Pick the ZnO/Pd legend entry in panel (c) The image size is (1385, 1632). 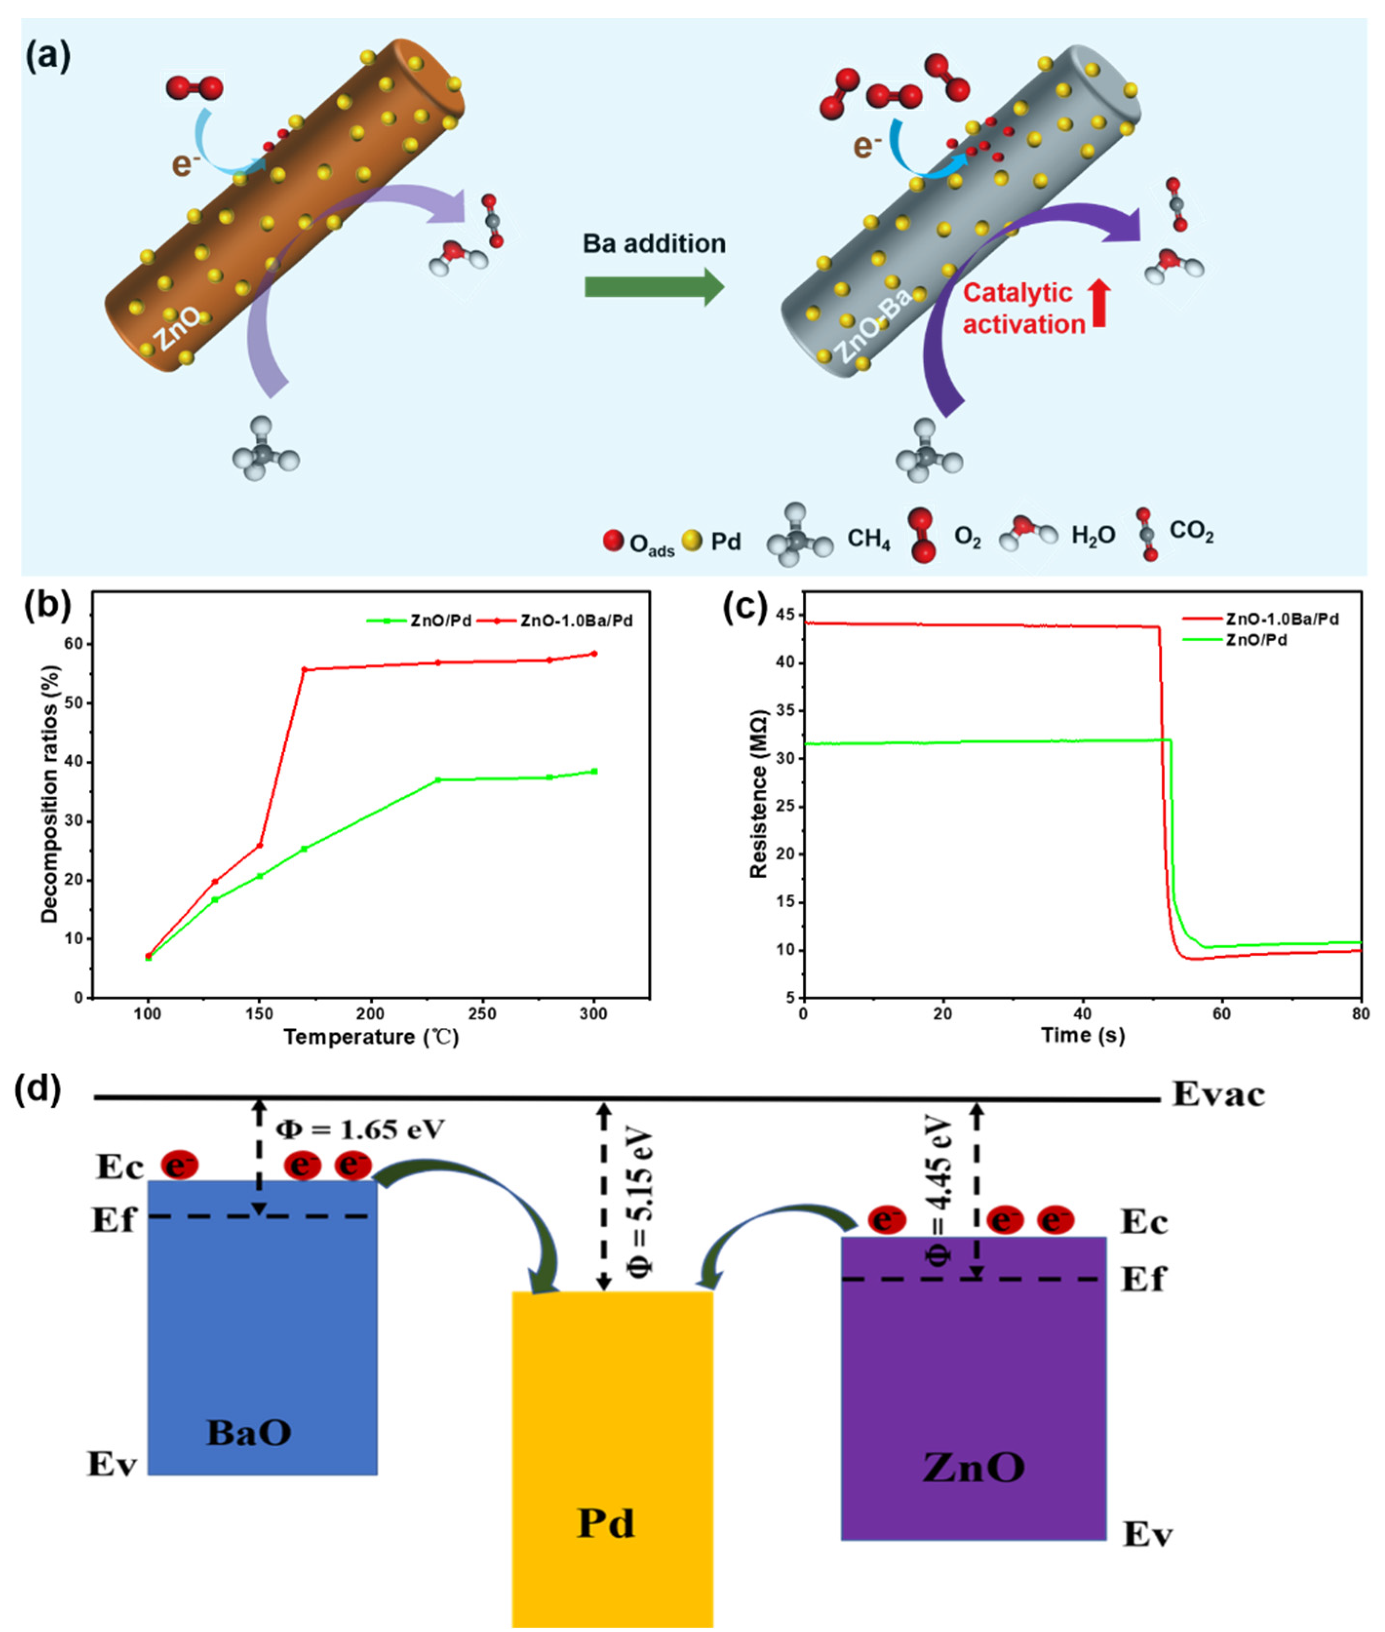[1256, 640]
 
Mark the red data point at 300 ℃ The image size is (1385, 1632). [594, 653]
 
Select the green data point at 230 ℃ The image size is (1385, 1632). [438, 780]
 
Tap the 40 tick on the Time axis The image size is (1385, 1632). [1083, 1014]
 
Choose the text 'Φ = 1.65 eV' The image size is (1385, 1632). [360, 1129]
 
